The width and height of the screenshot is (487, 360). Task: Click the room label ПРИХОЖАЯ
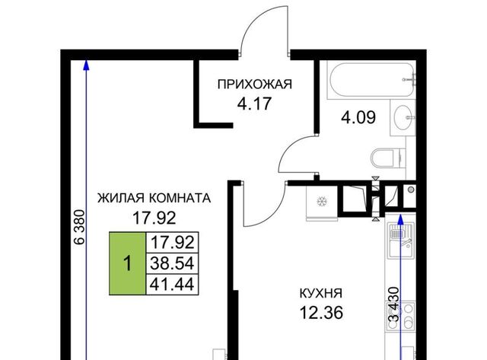[x=255, y=84]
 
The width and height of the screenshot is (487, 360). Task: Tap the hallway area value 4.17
[x=255, y=104]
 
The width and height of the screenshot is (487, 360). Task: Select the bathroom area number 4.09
[x=358, y=117]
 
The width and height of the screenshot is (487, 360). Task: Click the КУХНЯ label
[x=321, y=293]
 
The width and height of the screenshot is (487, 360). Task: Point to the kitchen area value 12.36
[x=321, y=313]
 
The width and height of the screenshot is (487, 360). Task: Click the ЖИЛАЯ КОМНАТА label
[x=154, y=198]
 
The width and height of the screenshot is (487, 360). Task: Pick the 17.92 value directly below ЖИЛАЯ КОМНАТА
[x=154, y=218]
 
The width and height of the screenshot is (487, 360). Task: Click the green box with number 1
[x=127, y=263]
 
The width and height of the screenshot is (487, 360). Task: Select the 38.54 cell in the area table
[x=172, y=263]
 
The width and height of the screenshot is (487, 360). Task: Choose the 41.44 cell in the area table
[x=172, y=284]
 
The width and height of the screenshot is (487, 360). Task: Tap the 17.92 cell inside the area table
[x=172, y=242]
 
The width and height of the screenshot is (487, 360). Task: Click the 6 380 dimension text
[x=79, y=228]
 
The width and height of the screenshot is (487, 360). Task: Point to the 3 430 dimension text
[x=393, y=304]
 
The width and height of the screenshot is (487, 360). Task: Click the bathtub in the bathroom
[x=371, y=80]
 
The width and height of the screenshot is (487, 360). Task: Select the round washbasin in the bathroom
[x=404, y=117]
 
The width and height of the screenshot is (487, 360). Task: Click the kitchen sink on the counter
[x=401, y=240]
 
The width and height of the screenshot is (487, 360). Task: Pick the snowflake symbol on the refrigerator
[x=322, y=202]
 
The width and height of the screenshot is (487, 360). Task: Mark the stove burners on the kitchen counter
[x=401, y=316]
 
